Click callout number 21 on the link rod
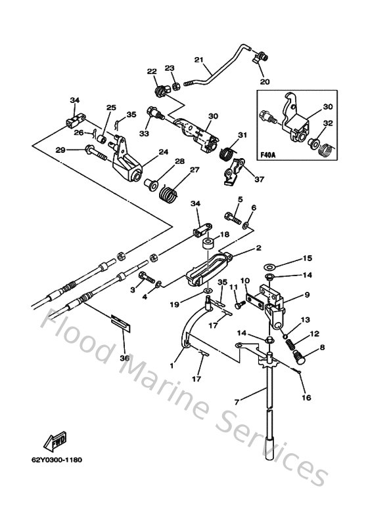click(199, 60)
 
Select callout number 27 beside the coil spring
click(195, 170)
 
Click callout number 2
click(259, 248)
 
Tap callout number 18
click(225, 234)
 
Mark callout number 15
click(308, 258)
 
